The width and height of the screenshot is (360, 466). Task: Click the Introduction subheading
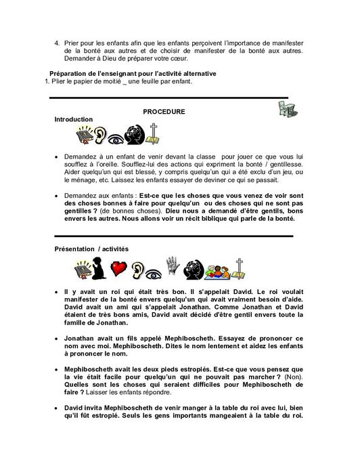pos(73,119)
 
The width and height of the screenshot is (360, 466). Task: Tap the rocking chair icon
pos(288,110)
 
